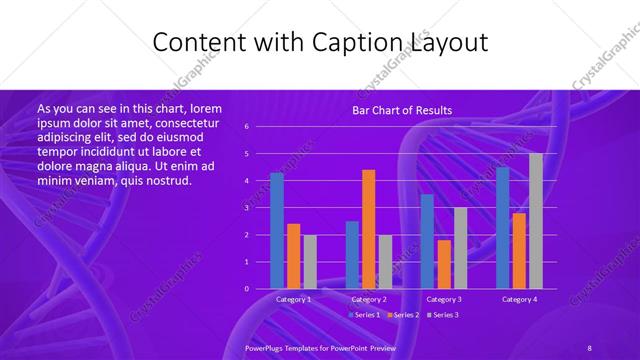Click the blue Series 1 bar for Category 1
(277, 231)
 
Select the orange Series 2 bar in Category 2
(369, 229)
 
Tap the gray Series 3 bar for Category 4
(536, 221)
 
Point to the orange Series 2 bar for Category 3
(444, 264)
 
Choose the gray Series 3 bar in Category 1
(310, 262)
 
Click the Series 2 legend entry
(403, 315)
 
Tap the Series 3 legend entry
(443, 315)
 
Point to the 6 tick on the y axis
(260, 127)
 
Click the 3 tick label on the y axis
(260, 208)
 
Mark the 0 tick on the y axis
(260, 289)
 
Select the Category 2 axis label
(369, 299)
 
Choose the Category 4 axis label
(519, 299)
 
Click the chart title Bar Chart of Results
(402, 110)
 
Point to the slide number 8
(590, 346)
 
